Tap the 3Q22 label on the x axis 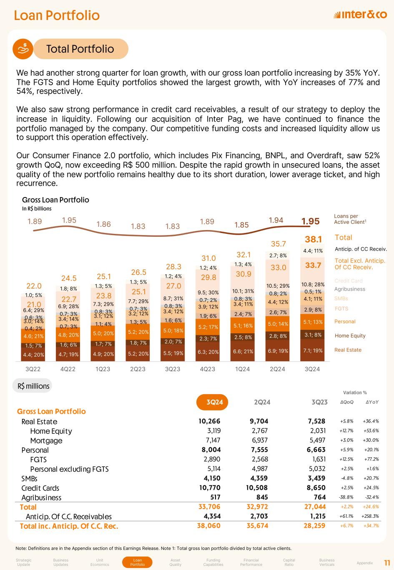pos(33,369)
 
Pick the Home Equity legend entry pos(350,336)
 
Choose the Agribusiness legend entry pos(349,289)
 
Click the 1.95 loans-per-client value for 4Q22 pos(69,220)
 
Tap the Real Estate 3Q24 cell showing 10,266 pos(210,421)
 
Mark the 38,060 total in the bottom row pos(208,526)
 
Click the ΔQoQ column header pos(347,402)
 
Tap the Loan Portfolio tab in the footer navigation pos(138,562)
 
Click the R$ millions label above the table pos(33,386)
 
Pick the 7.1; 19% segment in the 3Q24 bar pos(312,350)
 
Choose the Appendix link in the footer pos(365,563)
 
